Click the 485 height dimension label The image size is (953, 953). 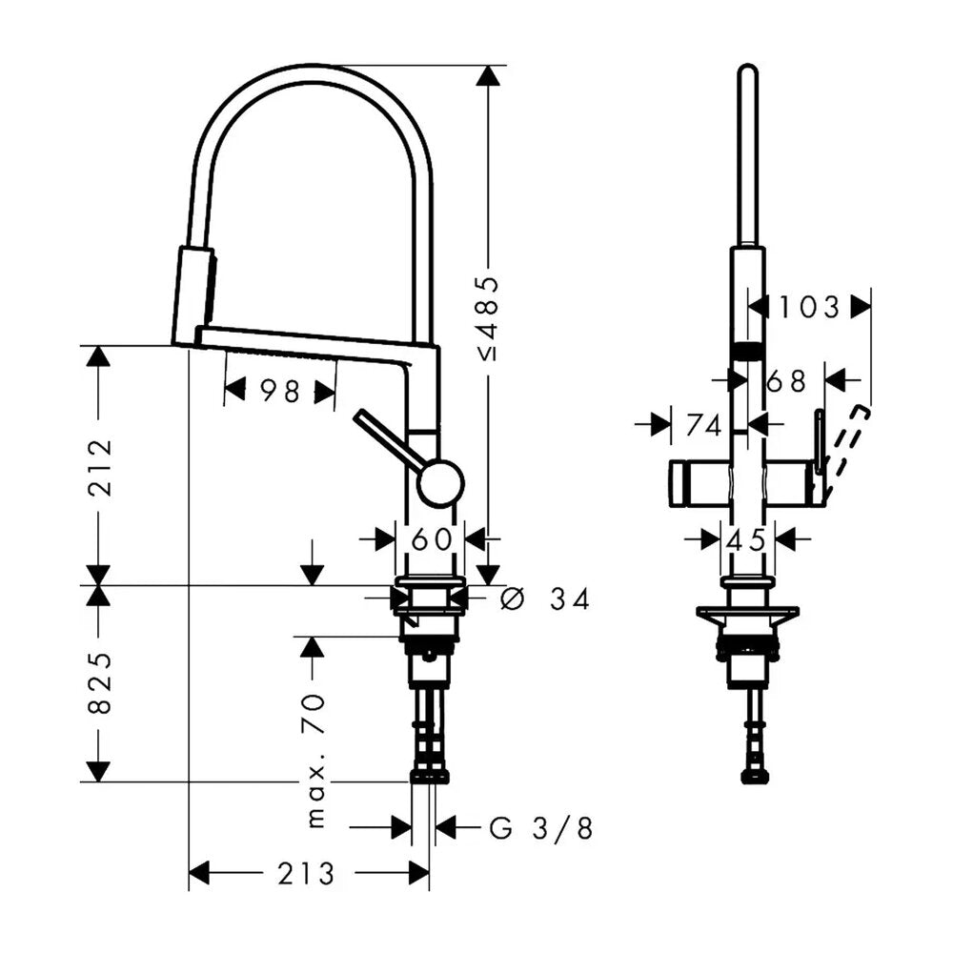coord(489,318)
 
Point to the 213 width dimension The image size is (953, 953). coord(306,874)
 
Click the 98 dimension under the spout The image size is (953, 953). coord(280,391)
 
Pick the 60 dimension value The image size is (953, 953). coord(432,538)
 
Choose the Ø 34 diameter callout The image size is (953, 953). coord(545,599)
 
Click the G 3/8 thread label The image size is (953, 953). coord(541,828)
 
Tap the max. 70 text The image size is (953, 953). coord(316,761)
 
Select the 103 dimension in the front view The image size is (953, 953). coord(809,307)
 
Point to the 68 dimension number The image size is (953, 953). coord(786,381)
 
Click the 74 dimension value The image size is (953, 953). coord(704,425)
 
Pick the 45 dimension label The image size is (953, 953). coord(747,539)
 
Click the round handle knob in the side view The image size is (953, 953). coord(442,483)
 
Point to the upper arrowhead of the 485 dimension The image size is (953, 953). coord(488,74)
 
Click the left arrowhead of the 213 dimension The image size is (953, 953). coord(199,873)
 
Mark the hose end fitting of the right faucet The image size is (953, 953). coord(756,776)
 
